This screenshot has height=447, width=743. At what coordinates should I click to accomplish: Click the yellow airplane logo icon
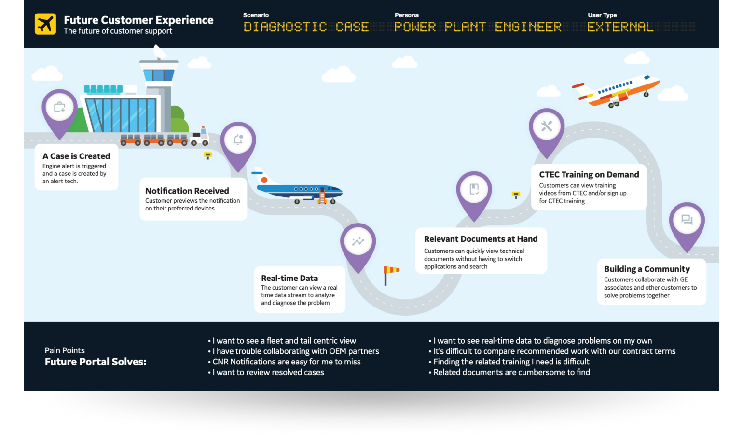click(45, 24)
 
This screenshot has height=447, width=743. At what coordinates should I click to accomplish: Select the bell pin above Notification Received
click(238, 140)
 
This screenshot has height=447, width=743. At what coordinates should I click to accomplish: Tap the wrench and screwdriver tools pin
click(547, 126)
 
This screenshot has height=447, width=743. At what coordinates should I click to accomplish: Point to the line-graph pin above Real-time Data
click(358, 241)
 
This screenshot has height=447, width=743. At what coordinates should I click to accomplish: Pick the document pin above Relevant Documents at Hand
click(474, 189)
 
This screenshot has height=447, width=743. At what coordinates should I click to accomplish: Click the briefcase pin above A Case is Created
click(59, 107)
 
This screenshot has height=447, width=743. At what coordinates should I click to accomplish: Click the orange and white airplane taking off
click(616, 90)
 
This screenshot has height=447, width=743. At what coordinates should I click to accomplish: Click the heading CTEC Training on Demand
click(589, 175)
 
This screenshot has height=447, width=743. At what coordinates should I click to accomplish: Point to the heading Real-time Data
click(289, 278)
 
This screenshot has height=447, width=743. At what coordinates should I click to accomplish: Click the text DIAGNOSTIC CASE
click(306, 27)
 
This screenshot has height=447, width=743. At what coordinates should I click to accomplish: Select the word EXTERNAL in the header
click(620, 27)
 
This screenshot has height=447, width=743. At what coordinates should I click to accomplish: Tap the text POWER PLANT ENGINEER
click(478, 27)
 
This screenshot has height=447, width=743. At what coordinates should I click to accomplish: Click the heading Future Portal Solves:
click(96, 362)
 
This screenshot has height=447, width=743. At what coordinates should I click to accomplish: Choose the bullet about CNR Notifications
click(287, 362)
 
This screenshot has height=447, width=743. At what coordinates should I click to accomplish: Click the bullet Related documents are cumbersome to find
click(511, 372)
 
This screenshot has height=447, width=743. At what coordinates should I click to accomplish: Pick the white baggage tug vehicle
click(199, 137)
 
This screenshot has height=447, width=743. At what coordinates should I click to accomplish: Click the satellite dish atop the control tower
click(159, 52)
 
